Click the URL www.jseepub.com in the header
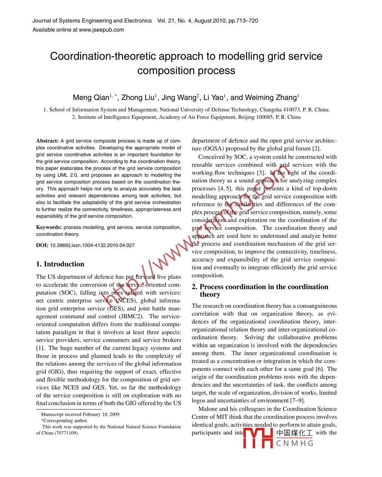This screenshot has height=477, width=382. coord(101,30)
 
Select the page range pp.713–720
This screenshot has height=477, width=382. coord(243,21)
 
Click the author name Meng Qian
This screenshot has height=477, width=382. coord(91,98)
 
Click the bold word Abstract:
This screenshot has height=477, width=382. coord(47,141)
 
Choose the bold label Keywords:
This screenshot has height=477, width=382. coord(49,227)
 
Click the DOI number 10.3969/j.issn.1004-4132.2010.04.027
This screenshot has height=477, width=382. coord(92,245)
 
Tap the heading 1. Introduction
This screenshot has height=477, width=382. coord(60,264)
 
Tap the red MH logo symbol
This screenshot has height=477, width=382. coord(258,438)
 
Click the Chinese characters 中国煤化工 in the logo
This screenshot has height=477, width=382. coord(294,433)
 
